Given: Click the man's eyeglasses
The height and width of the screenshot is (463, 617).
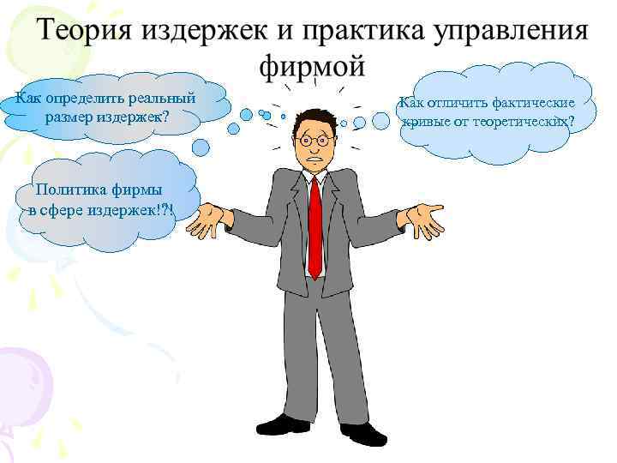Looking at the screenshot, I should coord(314,138).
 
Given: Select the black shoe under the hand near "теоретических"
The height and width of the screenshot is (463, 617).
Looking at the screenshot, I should coord(363,433).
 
